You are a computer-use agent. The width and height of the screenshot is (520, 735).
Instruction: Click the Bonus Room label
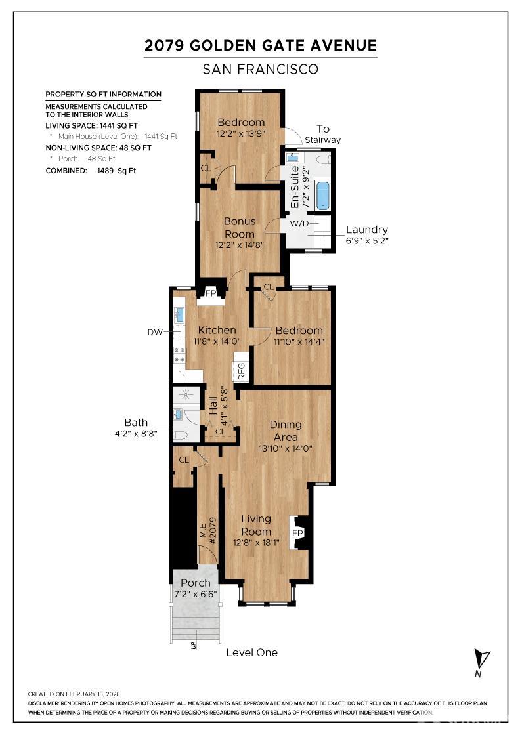click(x=240, y=228)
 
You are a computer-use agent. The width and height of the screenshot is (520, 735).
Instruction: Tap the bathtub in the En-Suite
click(x=322, y=196)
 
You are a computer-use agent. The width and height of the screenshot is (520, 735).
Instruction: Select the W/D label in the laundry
click(x=299, y=224)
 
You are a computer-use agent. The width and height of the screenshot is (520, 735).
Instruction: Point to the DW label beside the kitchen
click(x=154, y=333)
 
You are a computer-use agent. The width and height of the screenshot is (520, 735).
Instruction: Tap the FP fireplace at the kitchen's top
click(x=211, y=293)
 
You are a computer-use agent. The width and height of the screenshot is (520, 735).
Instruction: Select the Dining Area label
click(x=286, y=430)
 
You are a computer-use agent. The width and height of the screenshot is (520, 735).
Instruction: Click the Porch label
click(x=196, y=583)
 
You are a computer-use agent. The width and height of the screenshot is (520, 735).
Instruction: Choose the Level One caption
click(x=251, y=652)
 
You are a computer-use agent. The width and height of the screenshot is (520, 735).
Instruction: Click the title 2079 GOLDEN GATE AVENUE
click(x=261, y=45)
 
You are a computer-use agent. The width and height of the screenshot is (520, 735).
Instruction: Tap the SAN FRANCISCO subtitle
click(x=261, y=68)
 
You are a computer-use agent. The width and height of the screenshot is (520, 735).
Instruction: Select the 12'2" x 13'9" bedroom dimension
click(x=241, y=134)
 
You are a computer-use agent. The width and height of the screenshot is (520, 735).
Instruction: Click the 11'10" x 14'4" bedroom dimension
click(x=299, y=341)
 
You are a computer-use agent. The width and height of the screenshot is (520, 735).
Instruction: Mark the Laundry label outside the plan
click(x=366, y=230)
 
